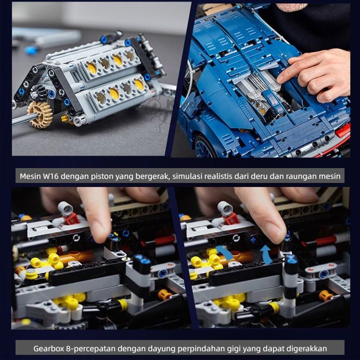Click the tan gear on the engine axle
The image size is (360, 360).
click(x=40, y=114)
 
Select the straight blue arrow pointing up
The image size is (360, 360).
click(x=266, y=254)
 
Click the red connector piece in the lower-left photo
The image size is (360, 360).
click(x=71, y=219)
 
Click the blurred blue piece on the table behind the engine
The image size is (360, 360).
click(x=31, y=50)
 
